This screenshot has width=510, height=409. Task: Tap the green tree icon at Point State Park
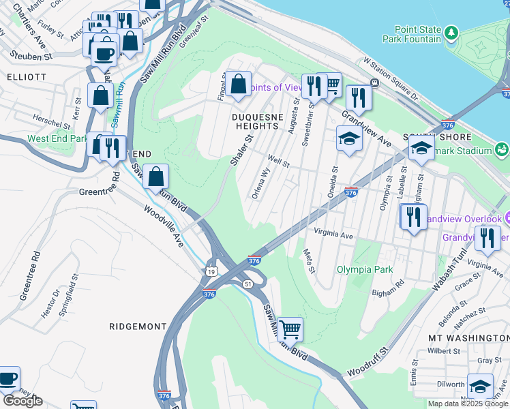451,32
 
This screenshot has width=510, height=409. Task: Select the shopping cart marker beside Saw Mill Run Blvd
290,330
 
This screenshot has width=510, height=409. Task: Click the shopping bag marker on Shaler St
238,85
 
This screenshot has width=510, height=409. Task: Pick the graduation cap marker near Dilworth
480,386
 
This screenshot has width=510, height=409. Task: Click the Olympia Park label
365,269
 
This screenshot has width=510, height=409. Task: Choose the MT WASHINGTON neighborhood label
468,338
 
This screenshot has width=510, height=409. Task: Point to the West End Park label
57,138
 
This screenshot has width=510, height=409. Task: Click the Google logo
22,401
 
